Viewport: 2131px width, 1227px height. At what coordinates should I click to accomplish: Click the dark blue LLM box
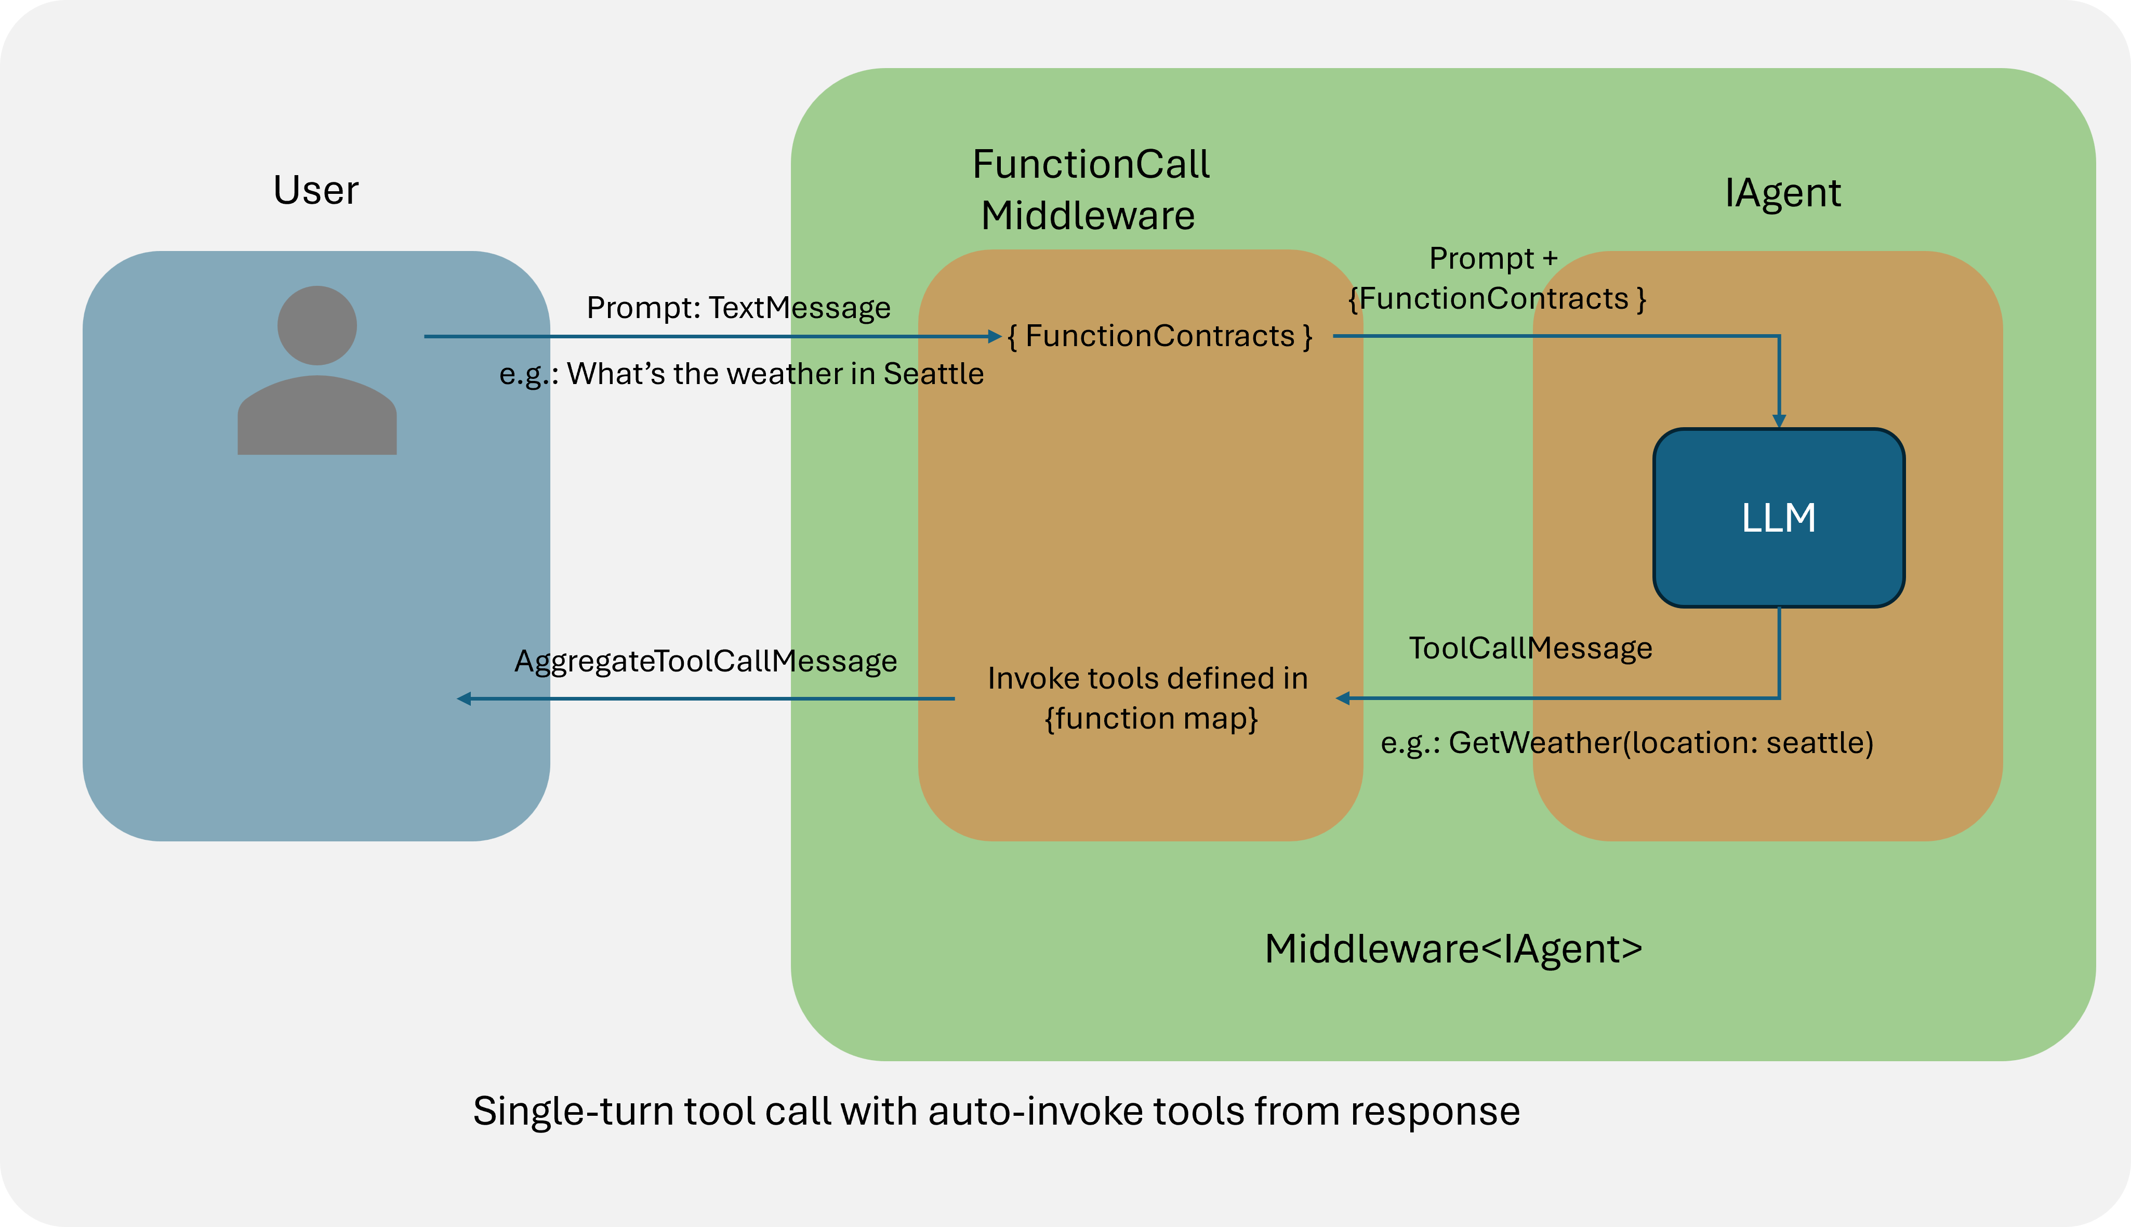(1778, 518)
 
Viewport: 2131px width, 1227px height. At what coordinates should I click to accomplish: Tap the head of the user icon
(317, 325)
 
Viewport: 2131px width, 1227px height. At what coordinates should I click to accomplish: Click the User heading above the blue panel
(316, 190)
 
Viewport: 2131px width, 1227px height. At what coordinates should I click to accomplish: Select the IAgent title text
(1782, 193)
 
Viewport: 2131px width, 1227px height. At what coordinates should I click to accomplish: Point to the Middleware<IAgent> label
(1453, 949)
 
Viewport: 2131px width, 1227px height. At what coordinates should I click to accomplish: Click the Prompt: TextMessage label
(738, 308)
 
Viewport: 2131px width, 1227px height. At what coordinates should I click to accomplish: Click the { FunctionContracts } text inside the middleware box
(1159, 336)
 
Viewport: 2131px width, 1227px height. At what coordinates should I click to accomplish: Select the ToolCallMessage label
(1530, 648)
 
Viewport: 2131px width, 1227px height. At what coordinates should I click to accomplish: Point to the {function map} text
(1151, 719)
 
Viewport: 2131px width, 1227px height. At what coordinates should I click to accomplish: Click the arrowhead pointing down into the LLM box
(1779, 421)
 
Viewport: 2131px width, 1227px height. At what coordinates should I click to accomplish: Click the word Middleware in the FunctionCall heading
(1088, 216)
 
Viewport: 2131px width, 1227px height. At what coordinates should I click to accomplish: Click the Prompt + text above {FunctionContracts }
(1493, 258)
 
